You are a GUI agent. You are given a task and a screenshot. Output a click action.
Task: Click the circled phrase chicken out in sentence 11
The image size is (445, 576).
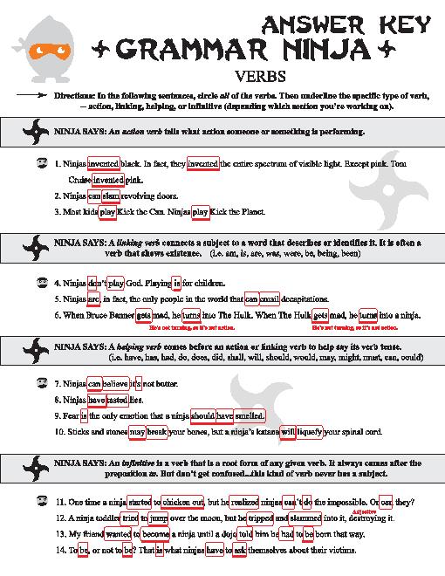tap(178, 502)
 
